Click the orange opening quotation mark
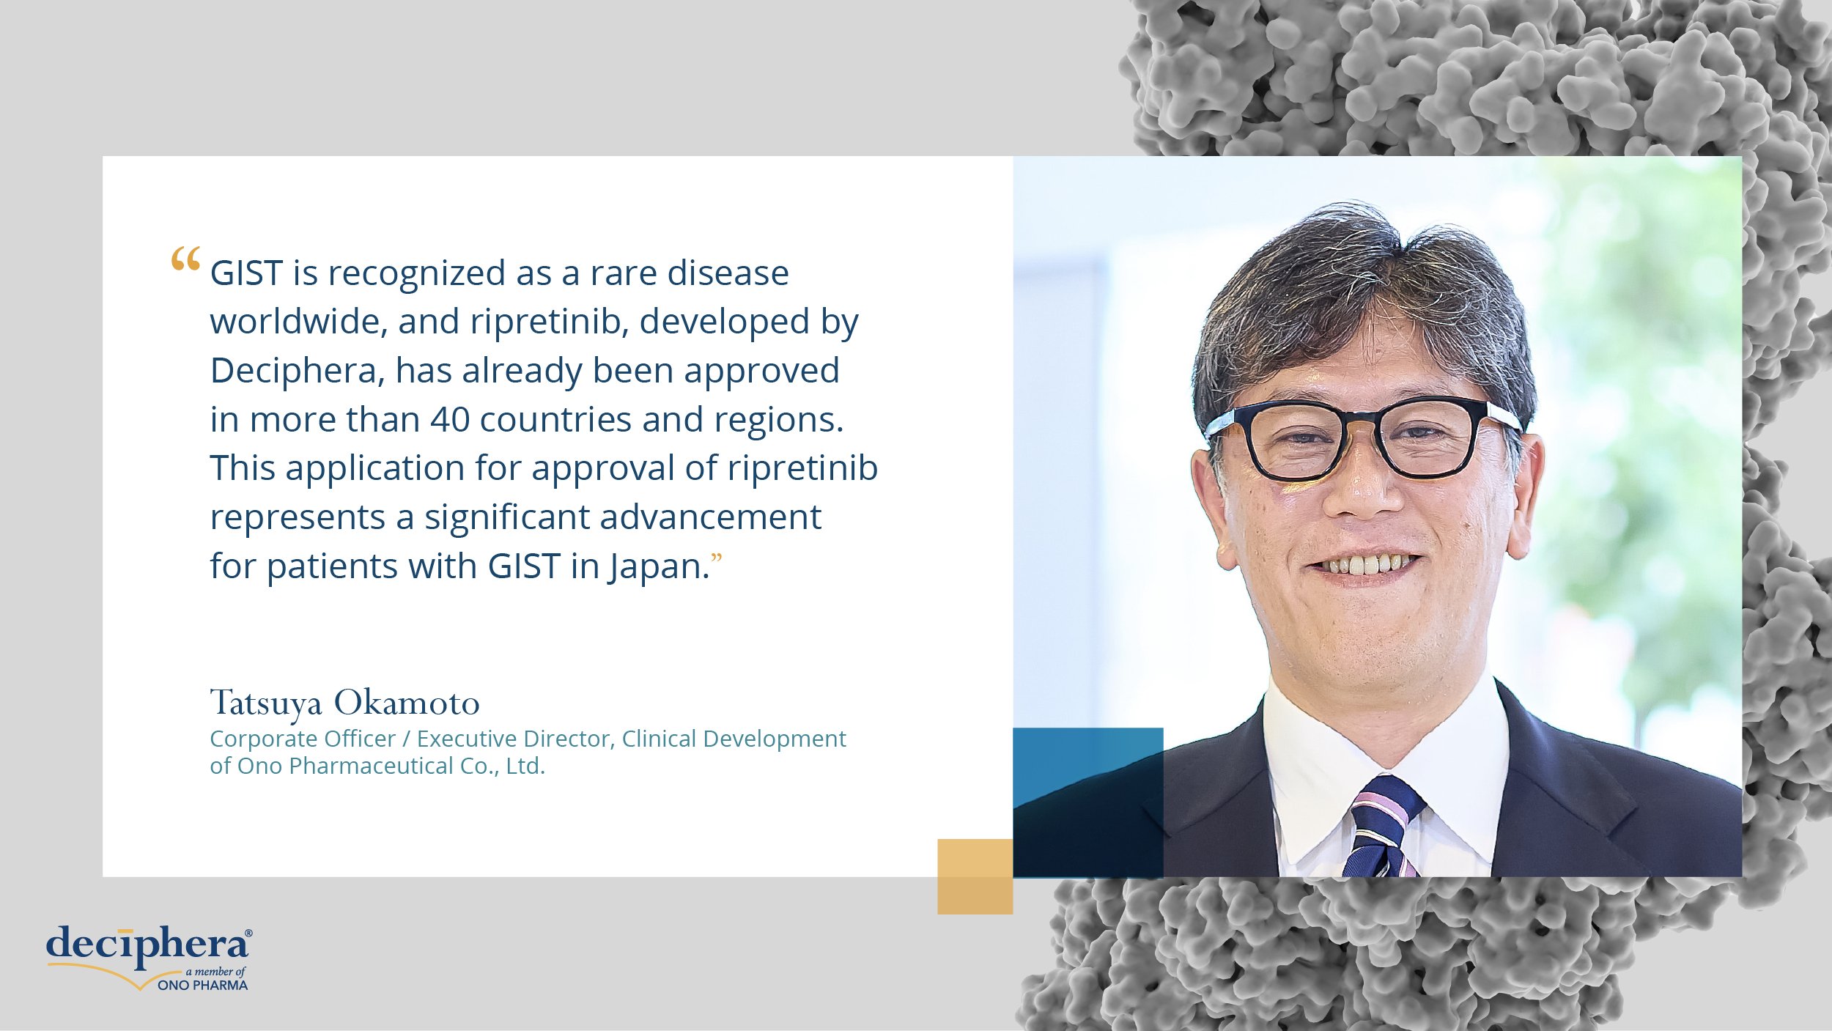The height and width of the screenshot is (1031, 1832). [x=185, y=259]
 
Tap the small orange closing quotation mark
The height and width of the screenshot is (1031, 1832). [x=717, y=559]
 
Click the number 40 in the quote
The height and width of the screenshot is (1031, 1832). [x=450, y=420]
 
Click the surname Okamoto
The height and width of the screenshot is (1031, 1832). [x=407, y=703]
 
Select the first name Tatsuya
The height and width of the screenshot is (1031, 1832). [x=266, y=704]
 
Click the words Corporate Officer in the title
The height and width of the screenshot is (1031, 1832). [x=303, y=739]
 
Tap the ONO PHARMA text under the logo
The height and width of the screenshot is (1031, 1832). [x=203, y=986]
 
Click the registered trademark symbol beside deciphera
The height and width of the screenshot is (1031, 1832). [x=248, y=934]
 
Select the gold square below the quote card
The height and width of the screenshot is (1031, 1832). [x=975, y=876]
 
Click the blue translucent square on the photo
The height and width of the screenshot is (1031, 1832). [x=1088, y=802]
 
